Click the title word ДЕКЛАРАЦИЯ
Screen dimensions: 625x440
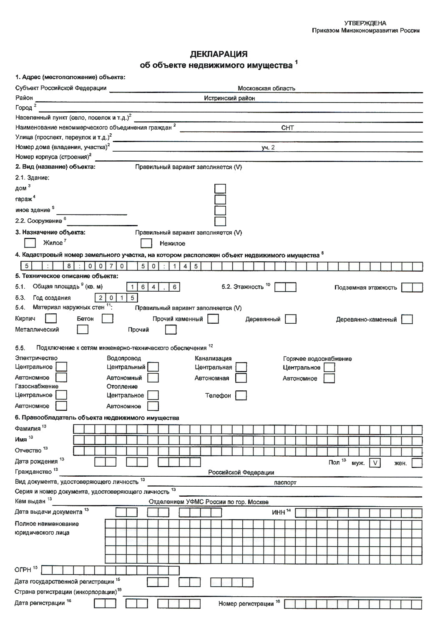tap(219, 54)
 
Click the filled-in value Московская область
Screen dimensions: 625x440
tap(266, 88)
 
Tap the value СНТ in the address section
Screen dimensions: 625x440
tap(287, 128)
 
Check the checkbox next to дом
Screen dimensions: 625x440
tap(220, 189)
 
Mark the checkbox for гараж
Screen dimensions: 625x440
tap(220, 200)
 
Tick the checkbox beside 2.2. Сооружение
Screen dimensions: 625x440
tap(220, 221)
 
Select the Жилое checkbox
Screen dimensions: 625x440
tap(30, 242)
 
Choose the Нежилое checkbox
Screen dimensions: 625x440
tap(146, 243)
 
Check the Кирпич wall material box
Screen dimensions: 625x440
tap(51, 319)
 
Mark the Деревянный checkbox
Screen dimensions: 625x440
tap(291, 319)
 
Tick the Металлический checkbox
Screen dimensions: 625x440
tap(83, 330)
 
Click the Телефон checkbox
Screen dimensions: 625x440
tap(241, 395)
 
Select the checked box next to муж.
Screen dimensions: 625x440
tap(375, 463)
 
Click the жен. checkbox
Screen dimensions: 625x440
tap(417, 463)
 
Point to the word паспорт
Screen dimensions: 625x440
tap(285, 482)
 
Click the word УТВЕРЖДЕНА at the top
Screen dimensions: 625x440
tap(365, 23)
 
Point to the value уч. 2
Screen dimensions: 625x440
tap(268, 147)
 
